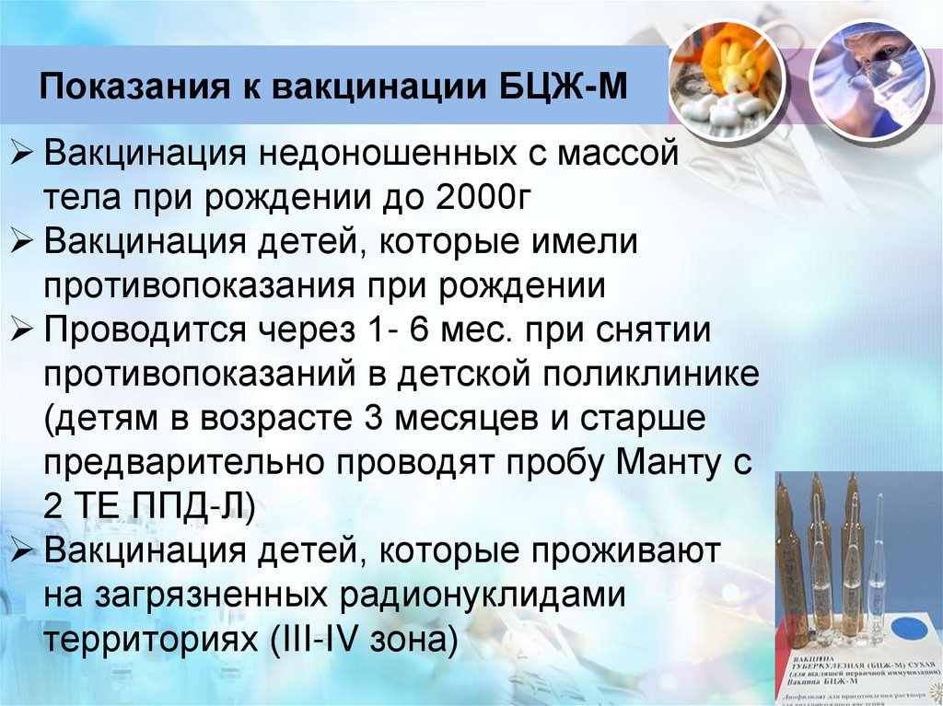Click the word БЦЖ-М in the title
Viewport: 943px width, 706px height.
564,90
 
